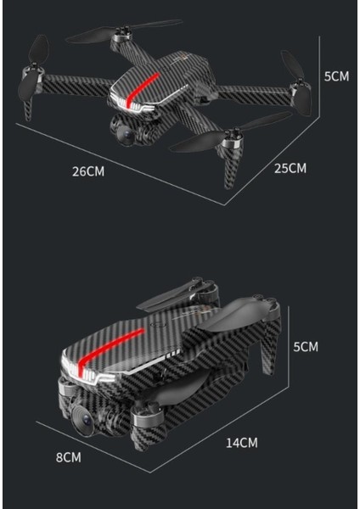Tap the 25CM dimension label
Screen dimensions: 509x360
[x=290, y=168]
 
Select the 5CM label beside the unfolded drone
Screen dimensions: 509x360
[x=336, y=76]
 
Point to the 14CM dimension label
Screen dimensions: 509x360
[x=241, y=442]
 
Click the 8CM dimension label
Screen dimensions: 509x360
[x=68, y=457]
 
